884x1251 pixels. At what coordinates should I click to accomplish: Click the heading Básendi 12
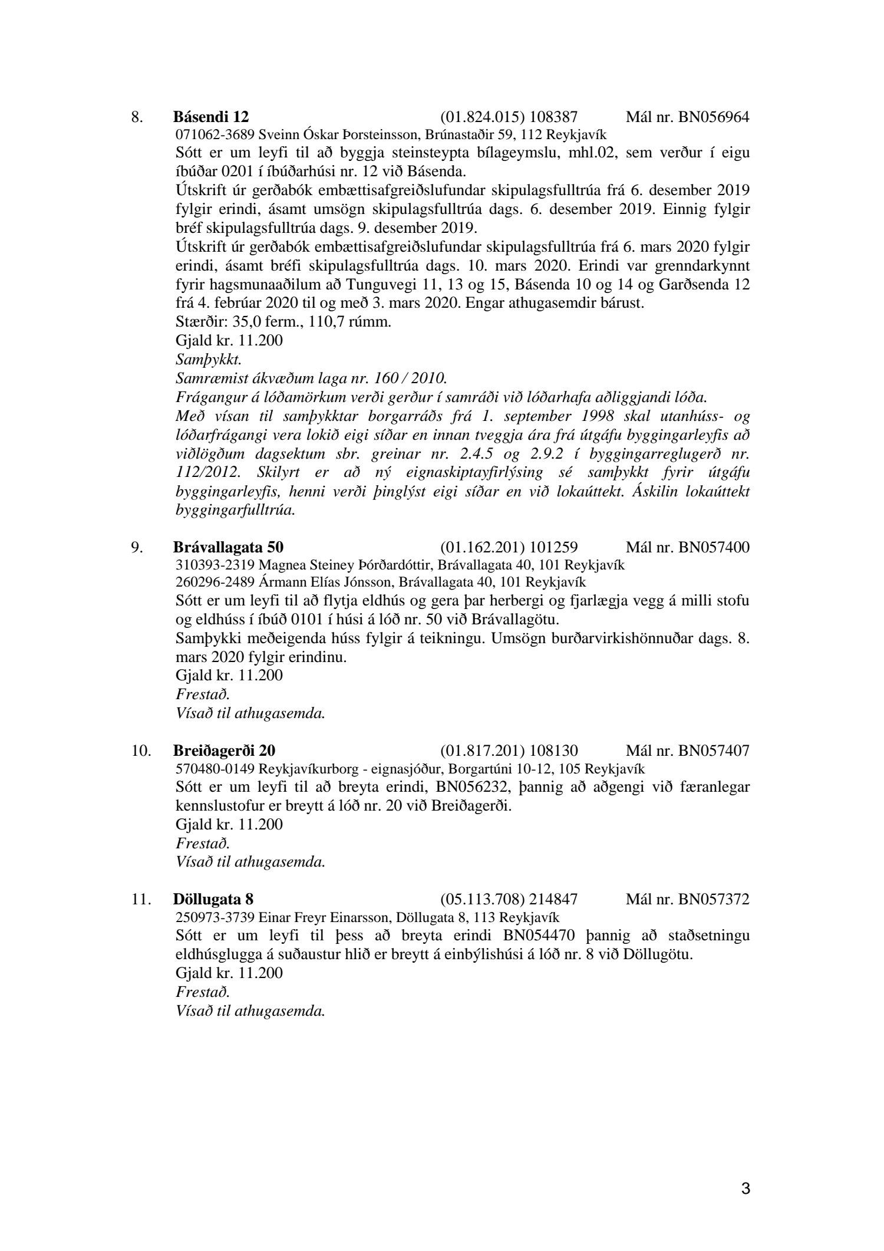pyautogui.click(x=215, y=117)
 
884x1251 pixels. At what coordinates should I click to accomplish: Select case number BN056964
pyautogui.click(x=714, y=117)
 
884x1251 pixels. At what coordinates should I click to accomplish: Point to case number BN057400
pyautogui.click(x=714, y=547)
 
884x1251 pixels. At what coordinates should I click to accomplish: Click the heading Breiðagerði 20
pyautogui.click(x=224, y=750)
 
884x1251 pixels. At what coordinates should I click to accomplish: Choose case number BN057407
pyautogui.click(x=714, y=750)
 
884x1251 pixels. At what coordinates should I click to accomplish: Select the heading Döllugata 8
pyautogui.click(x=213, y=899)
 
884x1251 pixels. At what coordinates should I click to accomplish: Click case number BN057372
pyautogui.click(x=714, y=899)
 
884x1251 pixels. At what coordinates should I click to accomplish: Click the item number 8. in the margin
pyautogui.click(x=137, y=117)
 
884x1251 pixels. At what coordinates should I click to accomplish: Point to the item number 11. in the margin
pyautogui.click(x=140, y=899)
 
